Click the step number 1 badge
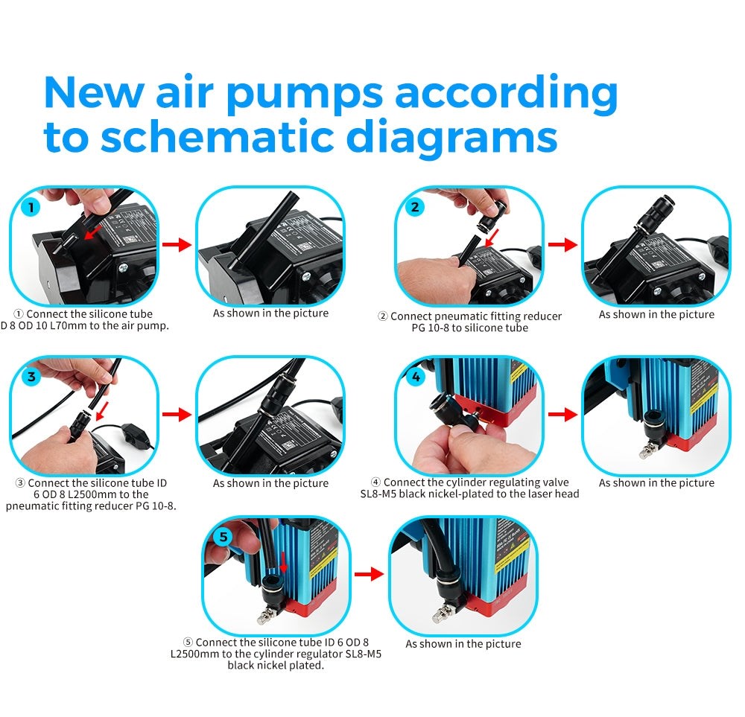pos(30,207)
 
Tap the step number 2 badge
pos(416,207)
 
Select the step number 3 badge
pos(31,376)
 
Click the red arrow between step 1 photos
pos(177,246)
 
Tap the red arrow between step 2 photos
pos(562,245)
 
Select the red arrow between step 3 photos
pos(177,415)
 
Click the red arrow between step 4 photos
pos(562,415)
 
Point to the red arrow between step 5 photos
pos(370,574)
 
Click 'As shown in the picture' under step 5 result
pos(463,644)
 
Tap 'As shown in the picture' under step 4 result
pos(656,483)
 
